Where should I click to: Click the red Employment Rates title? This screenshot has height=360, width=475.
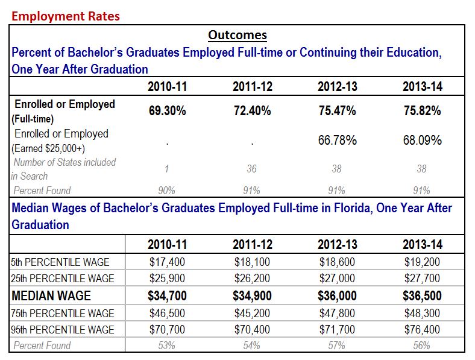pyautogui.click(x=66, y=16)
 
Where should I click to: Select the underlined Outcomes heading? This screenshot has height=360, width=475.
pyautogui.click(x=237, y=35)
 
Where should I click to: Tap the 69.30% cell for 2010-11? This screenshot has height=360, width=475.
pyautogui.click(x=168, y=111)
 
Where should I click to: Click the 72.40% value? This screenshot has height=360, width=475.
pyautogui.click(x=252, y=111)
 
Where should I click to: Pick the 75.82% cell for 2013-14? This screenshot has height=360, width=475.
pyautogui.click(x=422, y=111)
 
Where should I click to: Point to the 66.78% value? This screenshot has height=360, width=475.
pyautogui.click(x=337, y=141)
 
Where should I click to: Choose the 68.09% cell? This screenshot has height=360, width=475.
pyautogui.click(x=422, y=141)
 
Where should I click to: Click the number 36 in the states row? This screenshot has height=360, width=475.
pyautogui.click(x=252, y=169)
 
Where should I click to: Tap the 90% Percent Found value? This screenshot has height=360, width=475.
pyautogui.click(x=168, y=191)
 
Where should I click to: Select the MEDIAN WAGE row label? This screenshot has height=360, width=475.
pyautogui.click(x=51, y=296)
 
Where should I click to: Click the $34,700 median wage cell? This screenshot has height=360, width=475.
pyautogui.click(x=168, y=296)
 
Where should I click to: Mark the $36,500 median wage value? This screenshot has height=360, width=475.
pyautogui.click(x=422, y=296)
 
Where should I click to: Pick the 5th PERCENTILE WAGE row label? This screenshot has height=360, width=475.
pyautogui.click(x=61, y=262)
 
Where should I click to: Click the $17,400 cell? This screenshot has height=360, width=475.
pyautogui.click(x=168, y=262)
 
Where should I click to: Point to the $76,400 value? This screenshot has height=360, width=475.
pyautogui.click(x=422, y=330)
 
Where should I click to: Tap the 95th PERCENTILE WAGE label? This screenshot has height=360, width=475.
pyautogui.click(x=63, y=330)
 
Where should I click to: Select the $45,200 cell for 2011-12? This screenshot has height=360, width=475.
pyautogui.click(x=252, y=314)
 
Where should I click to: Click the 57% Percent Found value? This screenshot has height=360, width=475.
pyautogui.click(x=337, y=346)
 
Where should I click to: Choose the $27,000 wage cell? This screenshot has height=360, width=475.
pyautogui.click(x=337, y=279)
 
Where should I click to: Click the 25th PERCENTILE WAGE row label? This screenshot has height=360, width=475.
pyautogui.click(x=63, y=279)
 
